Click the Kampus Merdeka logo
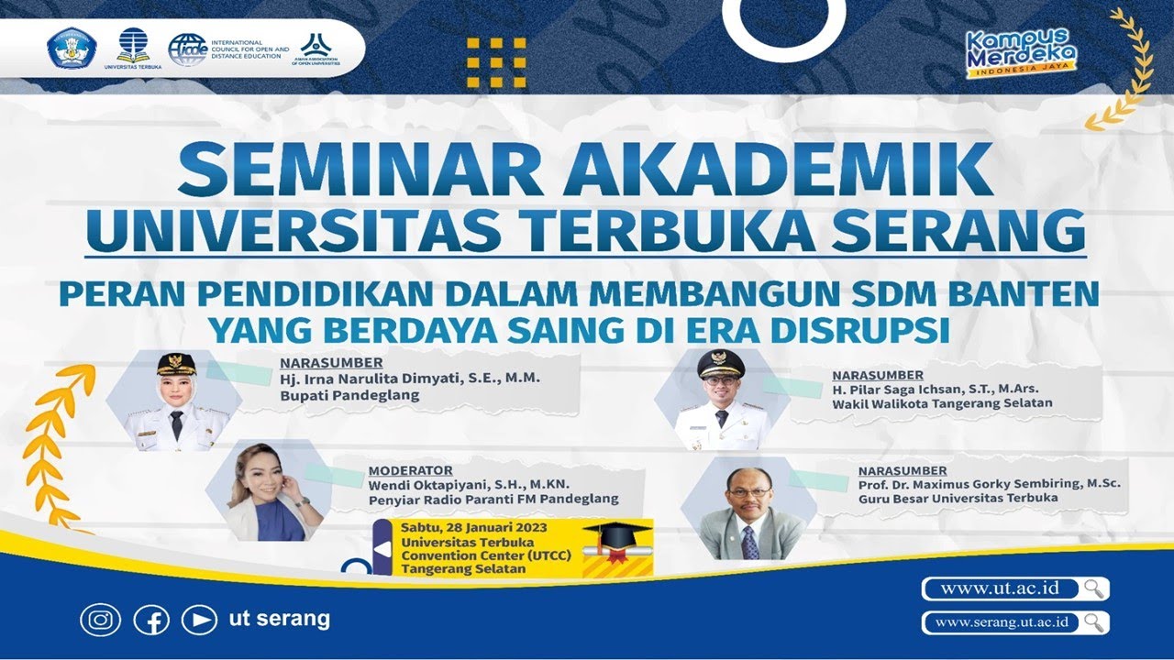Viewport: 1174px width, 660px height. tap(1021, 51)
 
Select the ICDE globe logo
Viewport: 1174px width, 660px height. tap(187, 49)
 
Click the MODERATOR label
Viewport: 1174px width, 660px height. tap(410, 469)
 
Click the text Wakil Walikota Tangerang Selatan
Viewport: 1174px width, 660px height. tap(942, 403)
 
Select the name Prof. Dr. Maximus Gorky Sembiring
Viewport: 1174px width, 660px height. tap(989, 483)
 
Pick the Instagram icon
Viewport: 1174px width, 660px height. tap(100, 621)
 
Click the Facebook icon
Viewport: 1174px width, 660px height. tap(151, 621)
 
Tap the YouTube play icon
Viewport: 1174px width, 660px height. tap(199, 621)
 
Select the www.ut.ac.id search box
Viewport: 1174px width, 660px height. tap(1004, 588)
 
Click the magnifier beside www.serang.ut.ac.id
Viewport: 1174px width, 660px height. tap(1093, 622)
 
